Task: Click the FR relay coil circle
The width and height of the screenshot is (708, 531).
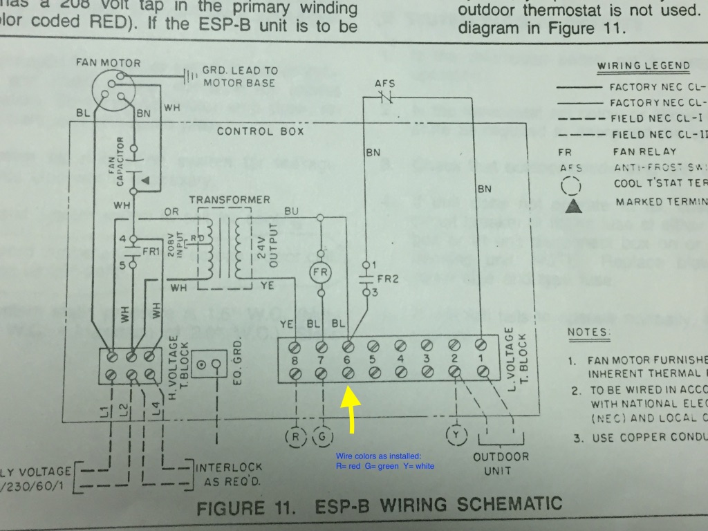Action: (x=321, y=272)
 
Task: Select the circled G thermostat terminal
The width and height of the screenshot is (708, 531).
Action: (x=322, y=436)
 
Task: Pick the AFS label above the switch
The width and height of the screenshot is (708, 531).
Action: (x=384, y=84)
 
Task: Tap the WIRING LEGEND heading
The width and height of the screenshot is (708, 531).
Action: (x=643, y=66)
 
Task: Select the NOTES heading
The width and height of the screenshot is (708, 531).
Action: (x=589, y=333)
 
